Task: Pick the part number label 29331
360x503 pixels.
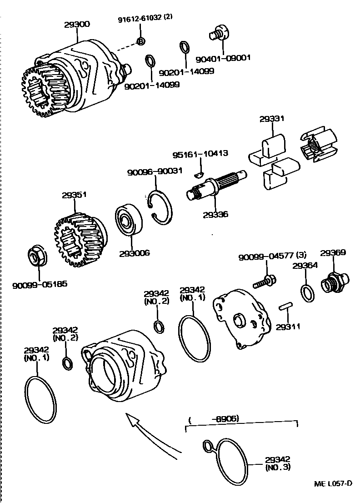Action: [x=272, y=119]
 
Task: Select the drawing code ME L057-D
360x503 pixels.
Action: [x=333, y=483]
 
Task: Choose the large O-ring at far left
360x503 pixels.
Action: [x=40, y=400]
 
